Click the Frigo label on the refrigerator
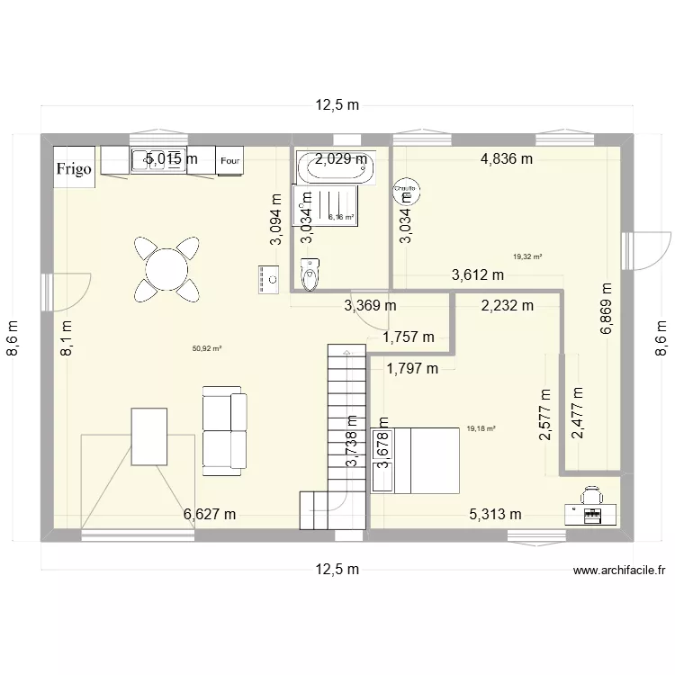[x=76, y=168]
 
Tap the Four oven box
[x=230, y=161]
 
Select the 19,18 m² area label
[x=481, y=429]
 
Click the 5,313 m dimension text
[x=495, y=515]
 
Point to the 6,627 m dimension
[x=210, y=515]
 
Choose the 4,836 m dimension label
[x=507, y=159]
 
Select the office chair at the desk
[x=591, y=494]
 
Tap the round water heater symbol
[x=406, y=192]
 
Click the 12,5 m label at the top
[x=337, y=105]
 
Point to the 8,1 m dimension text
[x=66, y=340]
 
